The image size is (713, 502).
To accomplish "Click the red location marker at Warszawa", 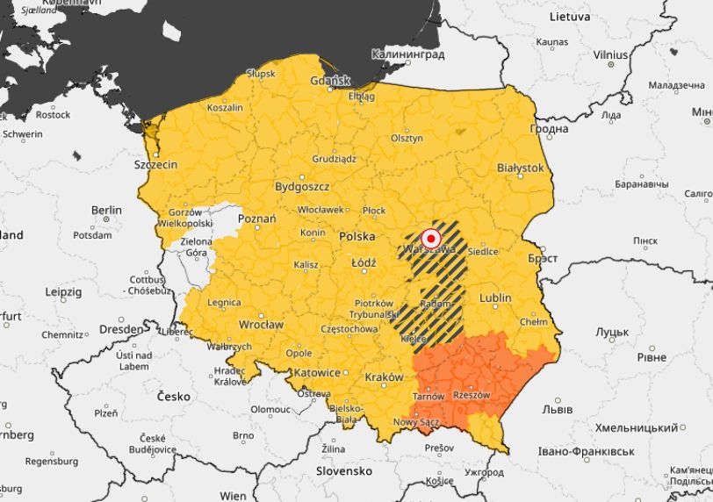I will tap(431, 238).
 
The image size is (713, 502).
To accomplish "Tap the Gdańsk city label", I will tap(330, 82).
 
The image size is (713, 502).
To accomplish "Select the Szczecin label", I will tap(155, 165).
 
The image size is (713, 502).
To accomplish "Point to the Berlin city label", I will tap(106, 211).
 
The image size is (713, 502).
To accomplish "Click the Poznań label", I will tap(257, 219).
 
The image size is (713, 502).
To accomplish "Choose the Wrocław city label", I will tap(261, 325).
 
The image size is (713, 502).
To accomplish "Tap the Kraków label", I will tap(384, 376).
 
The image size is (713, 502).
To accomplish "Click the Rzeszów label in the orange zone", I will tap(472, 395).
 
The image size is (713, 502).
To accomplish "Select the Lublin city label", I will tap(495, 298).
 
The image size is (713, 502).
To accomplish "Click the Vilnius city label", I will tap(610, 54).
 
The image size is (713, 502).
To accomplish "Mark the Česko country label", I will tap(174, 397).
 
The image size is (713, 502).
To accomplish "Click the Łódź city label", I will tap(363, 263).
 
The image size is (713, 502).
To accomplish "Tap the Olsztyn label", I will tap(407, 139).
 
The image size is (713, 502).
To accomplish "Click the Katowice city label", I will tap(317, 373).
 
